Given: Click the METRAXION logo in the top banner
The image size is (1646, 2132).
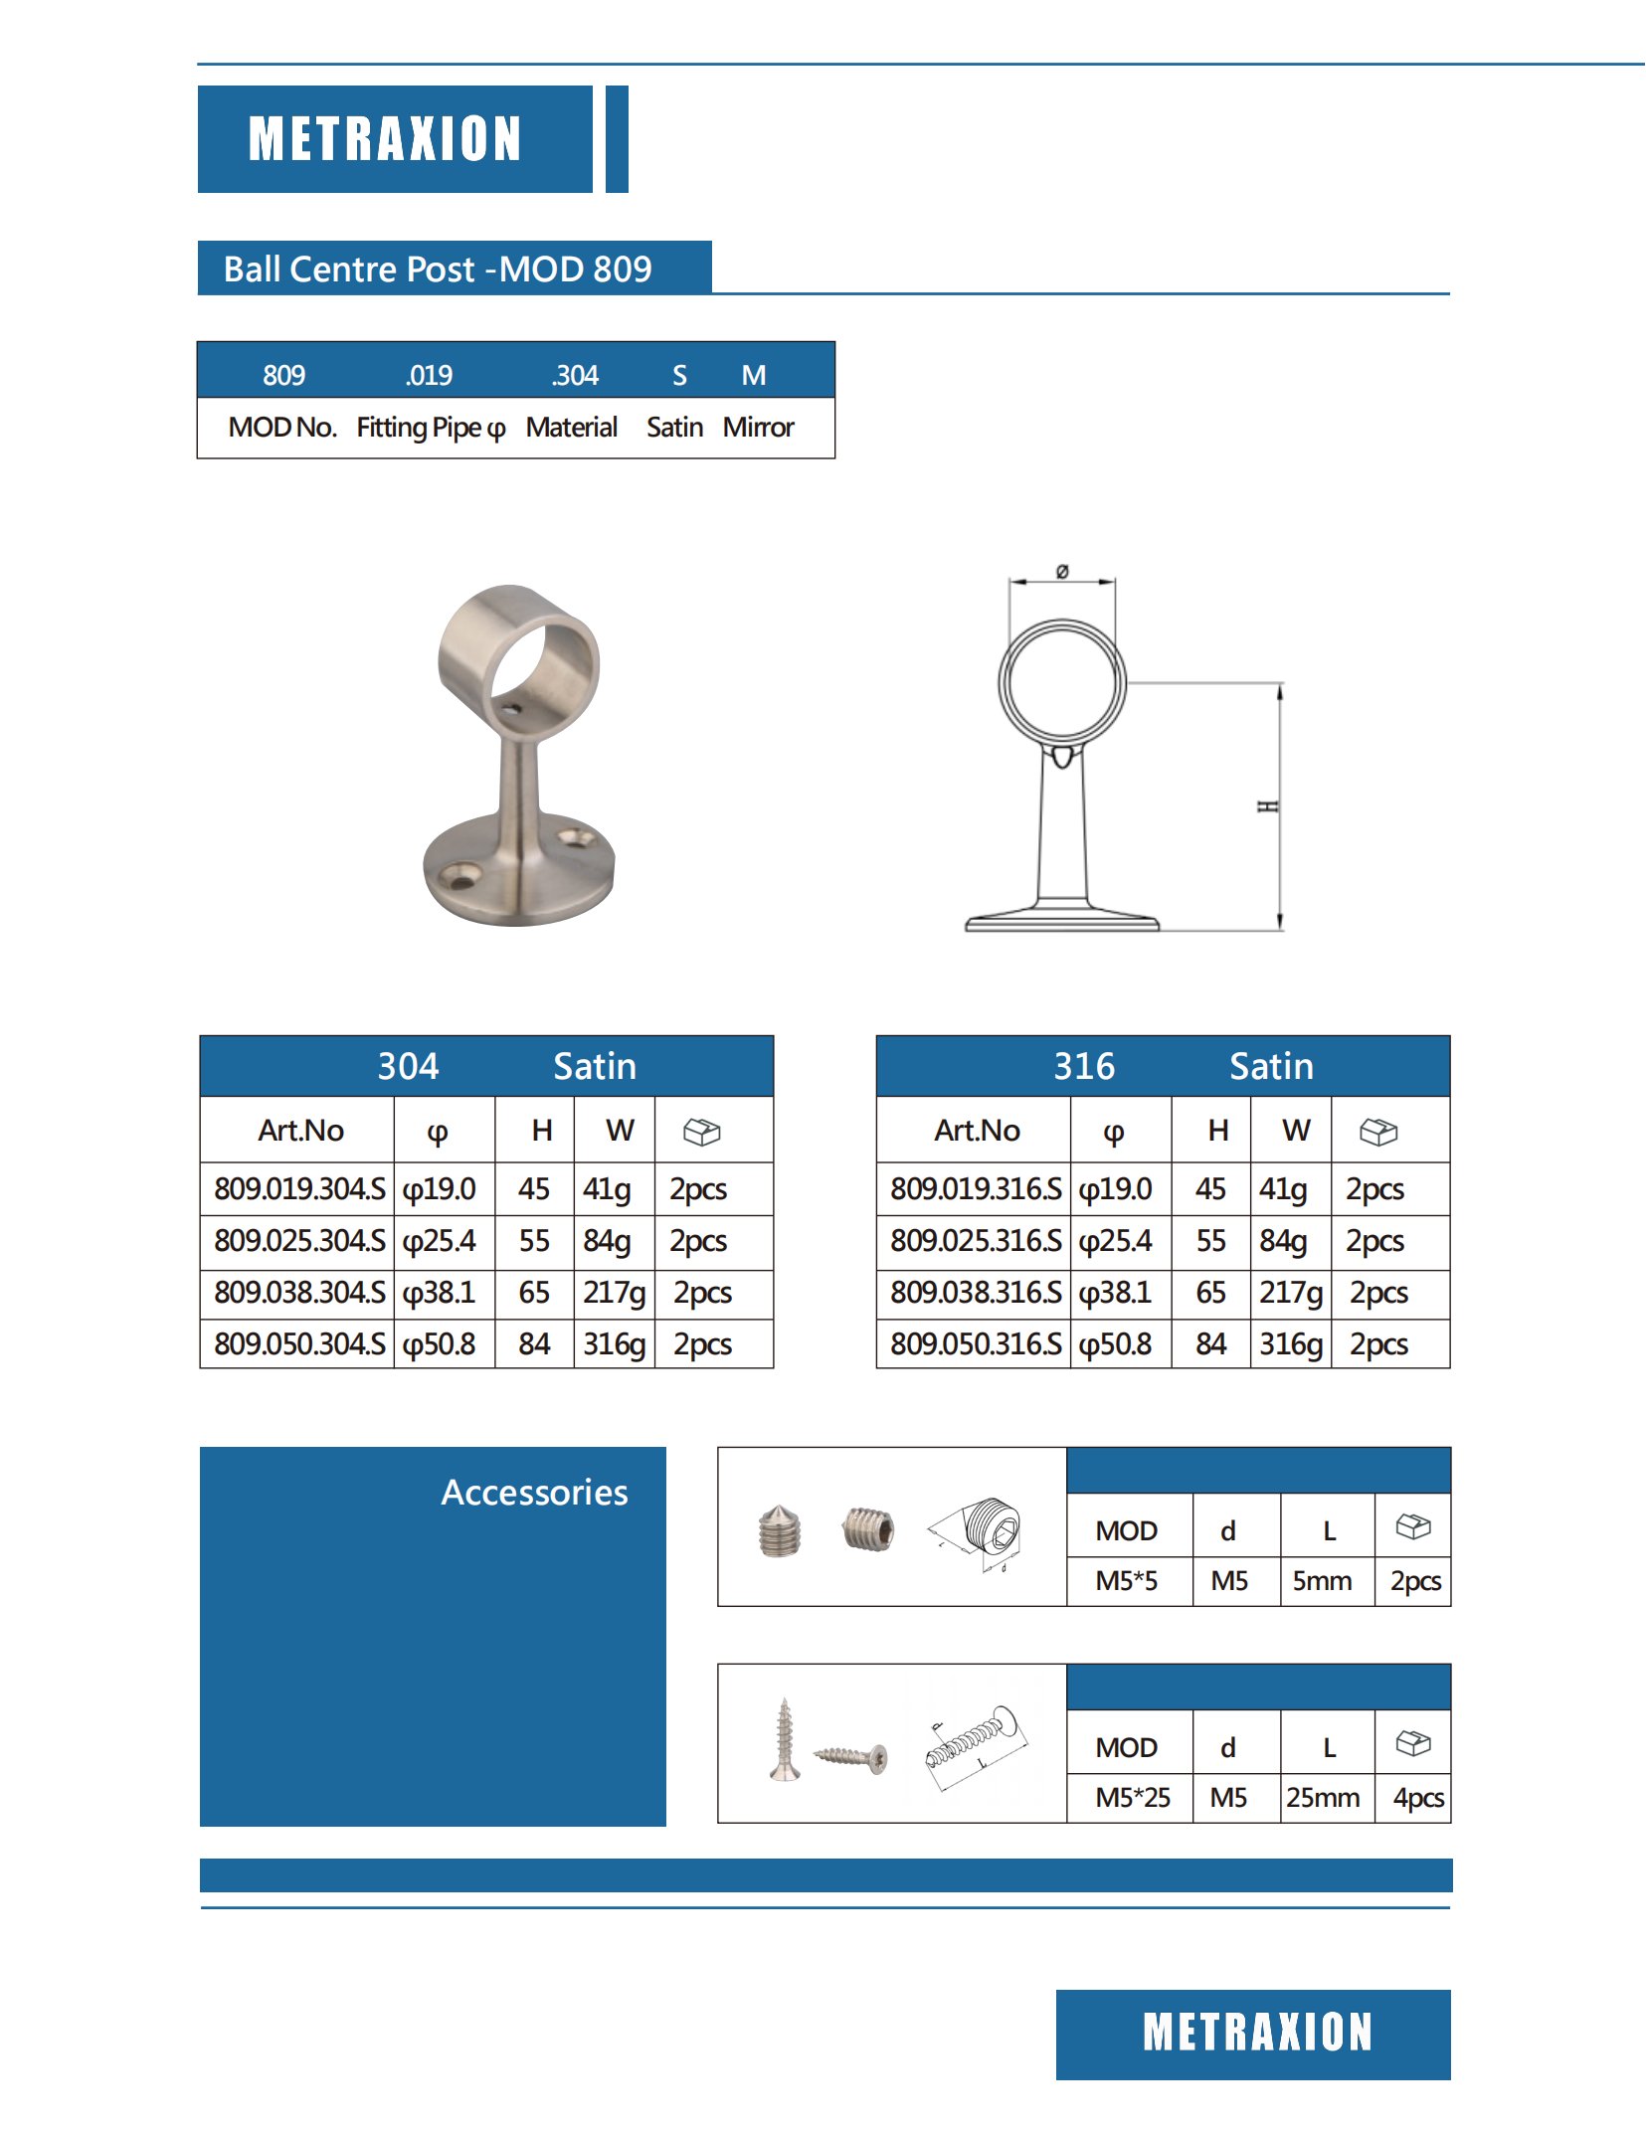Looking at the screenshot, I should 385,138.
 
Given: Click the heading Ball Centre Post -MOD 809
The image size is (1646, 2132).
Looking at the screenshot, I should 438,269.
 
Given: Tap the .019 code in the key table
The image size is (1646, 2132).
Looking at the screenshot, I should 429,375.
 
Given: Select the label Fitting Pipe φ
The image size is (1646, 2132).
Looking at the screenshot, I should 431,428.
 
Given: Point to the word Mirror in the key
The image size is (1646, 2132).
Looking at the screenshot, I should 758,428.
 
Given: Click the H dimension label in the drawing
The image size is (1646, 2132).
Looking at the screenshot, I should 1268,805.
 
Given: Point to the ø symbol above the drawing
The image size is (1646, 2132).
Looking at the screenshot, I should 1062,571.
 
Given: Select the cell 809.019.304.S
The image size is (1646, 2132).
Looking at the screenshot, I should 299,1189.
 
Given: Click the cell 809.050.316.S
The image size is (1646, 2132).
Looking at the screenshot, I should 976,1344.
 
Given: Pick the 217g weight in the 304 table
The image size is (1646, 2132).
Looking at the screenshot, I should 614,1293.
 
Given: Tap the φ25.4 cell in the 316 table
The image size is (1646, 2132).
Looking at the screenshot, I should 1116,1241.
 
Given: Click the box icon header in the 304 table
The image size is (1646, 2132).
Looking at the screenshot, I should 701,1132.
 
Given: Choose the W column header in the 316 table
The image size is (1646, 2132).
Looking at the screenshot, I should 1296,1131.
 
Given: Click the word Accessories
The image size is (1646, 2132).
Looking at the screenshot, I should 534,1493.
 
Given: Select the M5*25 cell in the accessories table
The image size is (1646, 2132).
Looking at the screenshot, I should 1132,1798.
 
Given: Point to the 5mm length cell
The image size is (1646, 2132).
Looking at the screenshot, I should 1322,1581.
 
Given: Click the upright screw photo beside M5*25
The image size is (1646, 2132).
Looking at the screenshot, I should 785,1740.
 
